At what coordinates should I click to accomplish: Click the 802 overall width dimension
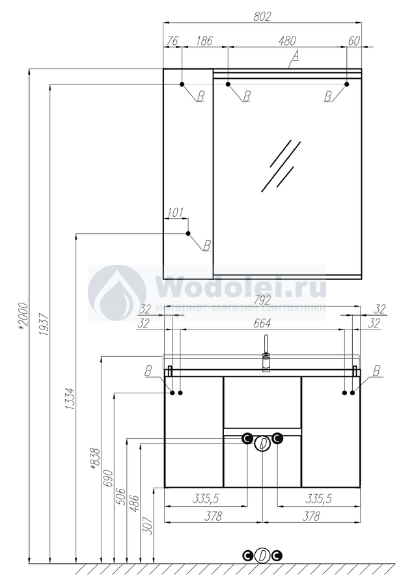click(262, 16)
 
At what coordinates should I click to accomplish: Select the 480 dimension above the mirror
click(287, 41)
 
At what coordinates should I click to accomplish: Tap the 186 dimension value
click(204, 41)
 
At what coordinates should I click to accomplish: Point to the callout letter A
click(295, 56)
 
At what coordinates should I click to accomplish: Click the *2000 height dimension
click(23, 316)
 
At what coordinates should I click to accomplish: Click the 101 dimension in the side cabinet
click(176, 213)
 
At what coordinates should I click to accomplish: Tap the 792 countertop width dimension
click(262, 300)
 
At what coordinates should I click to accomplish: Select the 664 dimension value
click(262, 323)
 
